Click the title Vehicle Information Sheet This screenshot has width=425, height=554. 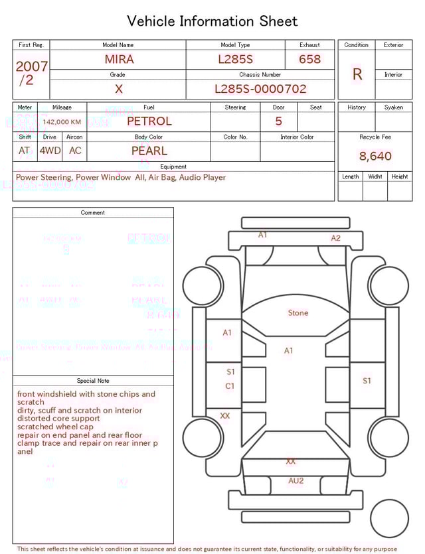[212, 21]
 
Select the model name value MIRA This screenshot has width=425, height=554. [119, 59]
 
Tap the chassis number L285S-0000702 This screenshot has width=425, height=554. [260, 89]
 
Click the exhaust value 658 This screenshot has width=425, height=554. [309, 59]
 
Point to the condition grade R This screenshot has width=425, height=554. [357, 74]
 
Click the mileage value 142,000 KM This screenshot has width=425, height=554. [62, 122]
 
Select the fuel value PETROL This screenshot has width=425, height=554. [149, 121]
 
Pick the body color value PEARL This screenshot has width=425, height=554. [149, 151]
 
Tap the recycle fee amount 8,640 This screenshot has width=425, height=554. [375, 157]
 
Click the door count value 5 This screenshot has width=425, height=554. [278, 121]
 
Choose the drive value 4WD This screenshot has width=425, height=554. [50, 151]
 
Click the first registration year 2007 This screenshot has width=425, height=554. [31, 66]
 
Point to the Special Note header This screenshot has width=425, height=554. [93, 381]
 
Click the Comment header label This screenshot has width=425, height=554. [93, 213]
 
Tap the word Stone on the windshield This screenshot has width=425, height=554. [298, 312]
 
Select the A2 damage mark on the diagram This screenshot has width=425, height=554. [336, 238]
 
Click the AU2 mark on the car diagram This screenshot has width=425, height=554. [296, 480]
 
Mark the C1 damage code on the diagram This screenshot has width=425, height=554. [230, 386]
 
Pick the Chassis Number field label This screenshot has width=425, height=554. [260, 75]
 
